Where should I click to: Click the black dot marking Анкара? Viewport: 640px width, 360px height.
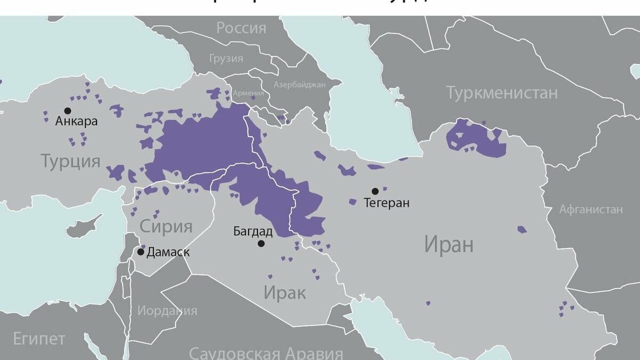67,110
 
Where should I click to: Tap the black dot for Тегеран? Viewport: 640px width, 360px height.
375,191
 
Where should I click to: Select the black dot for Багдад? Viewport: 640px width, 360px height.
261,243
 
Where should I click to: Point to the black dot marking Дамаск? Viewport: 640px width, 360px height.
140,252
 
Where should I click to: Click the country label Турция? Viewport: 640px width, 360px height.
70,161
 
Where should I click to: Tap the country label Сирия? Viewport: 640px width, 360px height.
166,226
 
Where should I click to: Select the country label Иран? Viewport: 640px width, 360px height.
449,245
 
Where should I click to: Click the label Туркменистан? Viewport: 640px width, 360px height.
502,93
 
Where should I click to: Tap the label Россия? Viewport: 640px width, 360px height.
241,28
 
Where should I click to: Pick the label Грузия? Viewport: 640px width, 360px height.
226,58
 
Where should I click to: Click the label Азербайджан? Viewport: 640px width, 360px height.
299,85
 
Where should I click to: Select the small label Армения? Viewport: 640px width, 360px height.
248,93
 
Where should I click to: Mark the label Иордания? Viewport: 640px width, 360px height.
167,310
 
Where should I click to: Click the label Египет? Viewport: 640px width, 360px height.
39,338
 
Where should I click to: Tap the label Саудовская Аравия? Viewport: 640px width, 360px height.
266,353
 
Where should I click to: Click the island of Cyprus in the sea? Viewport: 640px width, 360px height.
83,228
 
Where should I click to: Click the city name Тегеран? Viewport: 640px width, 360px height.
386,203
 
